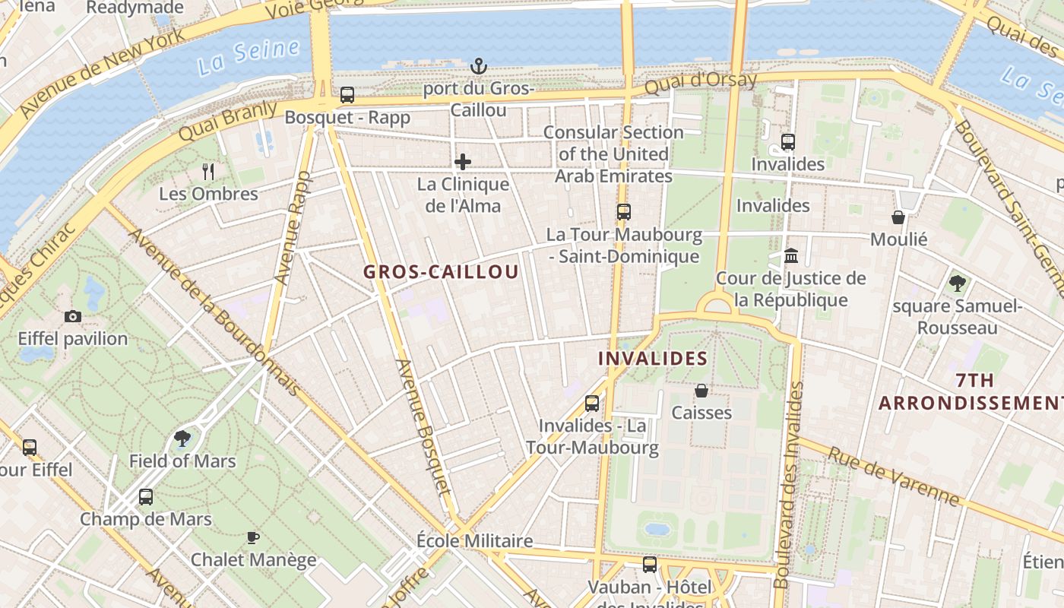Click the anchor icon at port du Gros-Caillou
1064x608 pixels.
479,65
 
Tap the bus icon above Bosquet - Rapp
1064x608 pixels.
347,95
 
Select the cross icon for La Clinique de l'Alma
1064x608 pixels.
463,162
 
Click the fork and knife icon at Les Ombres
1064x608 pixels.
208,172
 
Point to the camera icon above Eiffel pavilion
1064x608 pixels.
73,316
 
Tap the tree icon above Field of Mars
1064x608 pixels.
182,438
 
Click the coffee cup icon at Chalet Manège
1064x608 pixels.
253,538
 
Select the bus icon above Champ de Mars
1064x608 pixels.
146,497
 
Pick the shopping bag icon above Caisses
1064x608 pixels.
701,391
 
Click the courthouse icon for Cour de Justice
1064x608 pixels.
791,255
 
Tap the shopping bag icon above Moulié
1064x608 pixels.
898,217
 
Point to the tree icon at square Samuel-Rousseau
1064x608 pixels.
957,283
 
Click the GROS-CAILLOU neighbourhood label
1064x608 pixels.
441,272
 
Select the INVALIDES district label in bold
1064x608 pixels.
653,359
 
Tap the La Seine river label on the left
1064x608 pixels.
249,58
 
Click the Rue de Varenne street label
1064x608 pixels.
893,477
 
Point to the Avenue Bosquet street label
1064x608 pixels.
423,426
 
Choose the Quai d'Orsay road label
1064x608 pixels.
701,83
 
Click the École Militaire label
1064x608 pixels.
475,541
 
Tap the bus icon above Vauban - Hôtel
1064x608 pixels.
650,565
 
